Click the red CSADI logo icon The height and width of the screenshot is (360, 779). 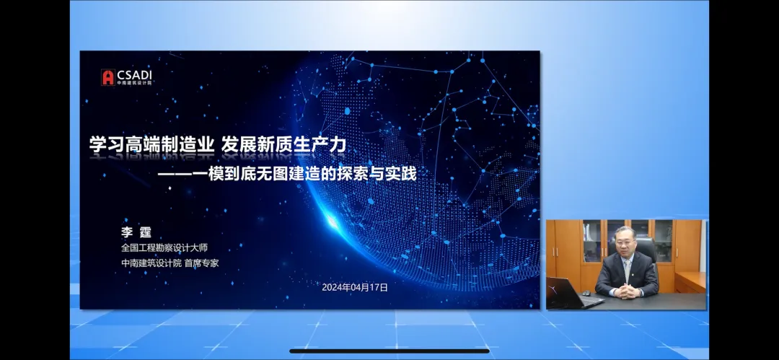(107, 77)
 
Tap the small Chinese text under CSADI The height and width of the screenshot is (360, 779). (134, 82)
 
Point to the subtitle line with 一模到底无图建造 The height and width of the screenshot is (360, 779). (289, 174)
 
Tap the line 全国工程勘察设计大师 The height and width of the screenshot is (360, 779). (169, 248)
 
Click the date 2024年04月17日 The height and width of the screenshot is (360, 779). (355, 287)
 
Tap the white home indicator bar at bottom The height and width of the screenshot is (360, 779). (389, 351)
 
